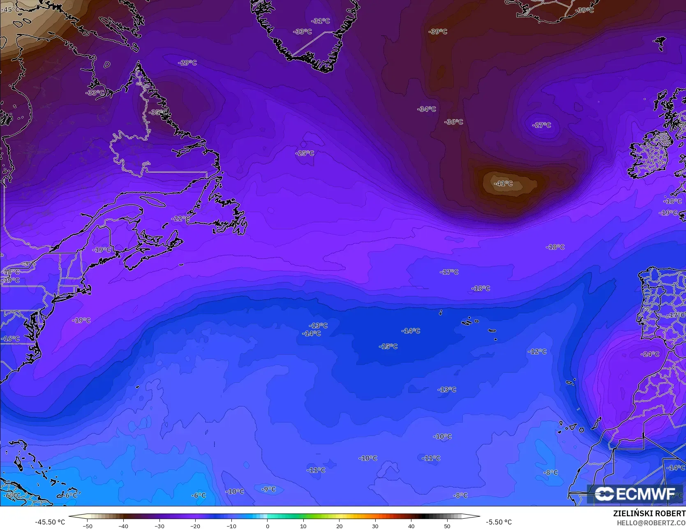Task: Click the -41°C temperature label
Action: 503,183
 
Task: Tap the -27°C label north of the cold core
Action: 541,125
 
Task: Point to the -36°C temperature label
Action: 453,122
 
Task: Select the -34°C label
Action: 426,109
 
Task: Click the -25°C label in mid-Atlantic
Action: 305,153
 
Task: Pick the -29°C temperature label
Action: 187,62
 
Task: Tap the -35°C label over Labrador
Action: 158,112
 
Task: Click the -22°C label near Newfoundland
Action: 180,218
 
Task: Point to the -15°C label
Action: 388,347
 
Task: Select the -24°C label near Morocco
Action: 650,354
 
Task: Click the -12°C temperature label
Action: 537,351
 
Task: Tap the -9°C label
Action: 269,489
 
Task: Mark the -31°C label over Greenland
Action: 321,21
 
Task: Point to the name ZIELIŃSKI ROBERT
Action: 649,513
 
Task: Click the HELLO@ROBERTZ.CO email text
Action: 651,522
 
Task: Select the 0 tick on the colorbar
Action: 267,526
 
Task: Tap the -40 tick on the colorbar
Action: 123,526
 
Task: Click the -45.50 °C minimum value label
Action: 50,522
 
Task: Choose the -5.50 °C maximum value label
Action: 499,522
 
